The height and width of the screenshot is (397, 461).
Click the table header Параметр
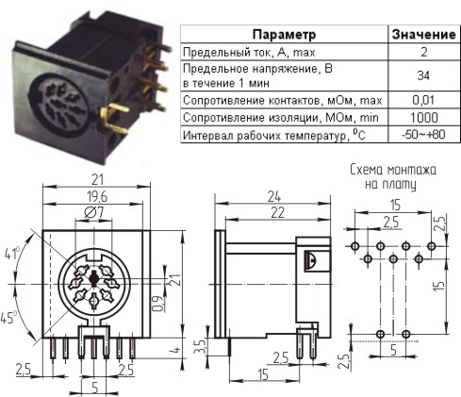(x=284, y=34)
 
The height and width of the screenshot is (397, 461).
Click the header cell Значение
(x=424, y=34)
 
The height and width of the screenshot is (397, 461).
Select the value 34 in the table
(x=423, y=75)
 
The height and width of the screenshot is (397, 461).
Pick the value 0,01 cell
(x=423, y=100)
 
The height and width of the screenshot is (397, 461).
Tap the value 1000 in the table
(x=424, y=118)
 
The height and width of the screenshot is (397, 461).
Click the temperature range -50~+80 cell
(x=423, y=135)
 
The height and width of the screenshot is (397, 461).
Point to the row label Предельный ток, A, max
(x=249, y=52)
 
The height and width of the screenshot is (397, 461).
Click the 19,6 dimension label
(x=97, y=197)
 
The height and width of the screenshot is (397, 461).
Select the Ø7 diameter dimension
(x=94, y=213)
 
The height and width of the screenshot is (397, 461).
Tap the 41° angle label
(x=12, y=254)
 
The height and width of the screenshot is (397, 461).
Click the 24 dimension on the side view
(x=274, y=197)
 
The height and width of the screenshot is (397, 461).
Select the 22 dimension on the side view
(x=278, y=213)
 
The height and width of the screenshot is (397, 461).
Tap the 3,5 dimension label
(x=200, y=346)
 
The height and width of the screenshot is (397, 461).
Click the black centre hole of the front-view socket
(x=93, y=278)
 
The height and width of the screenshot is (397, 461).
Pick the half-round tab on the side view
(x=311, y=260)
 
